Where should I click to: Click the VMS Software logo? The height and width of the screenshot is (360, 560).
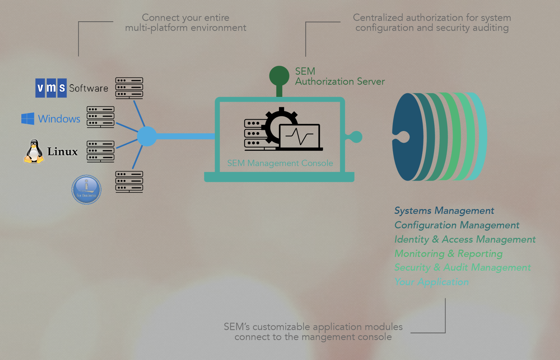51,88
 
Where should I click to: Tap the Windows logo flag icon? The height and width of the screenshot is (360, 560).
28,119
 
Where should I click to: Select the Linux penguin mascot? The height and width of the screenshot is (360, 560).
34,151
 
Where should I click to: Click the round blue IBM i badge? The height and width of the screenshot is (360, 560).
87,190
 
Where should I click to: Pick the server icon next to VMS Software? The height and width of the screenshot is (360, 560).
129,88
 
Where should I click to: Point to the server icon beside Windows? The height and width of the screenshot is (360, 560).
101,117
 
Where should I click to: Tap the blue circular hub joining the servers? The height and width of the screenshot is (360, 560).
147,136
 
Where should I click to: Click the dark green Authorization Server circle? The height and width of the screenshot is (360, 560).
279,76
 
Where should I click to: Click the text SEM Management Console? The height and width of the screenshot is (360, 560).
280,163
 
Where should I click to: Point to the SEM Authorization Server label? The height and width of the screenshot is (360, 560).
339,76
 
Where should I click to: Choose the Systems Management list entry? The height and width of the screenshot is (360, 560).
444,211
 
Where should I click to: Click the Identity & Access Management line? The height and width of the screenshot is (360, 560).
465,239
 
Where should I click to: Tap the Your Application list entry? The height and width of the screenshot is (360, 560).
431,282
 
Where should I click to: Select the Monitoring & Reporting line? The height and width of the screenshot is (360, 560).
448,253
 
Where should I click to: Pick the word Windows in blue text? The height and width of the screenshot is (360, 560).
59,119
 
